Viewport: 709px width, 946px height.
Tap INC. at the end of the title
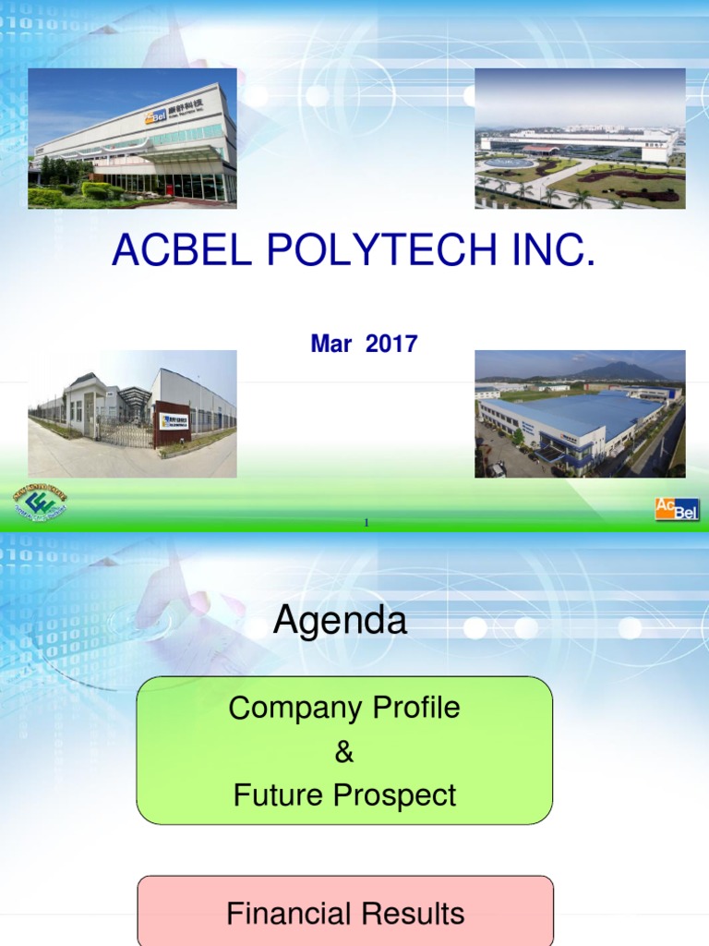550,252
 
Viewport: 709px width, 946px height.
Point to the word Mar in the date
332,345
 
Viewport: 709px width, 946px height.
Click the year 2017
391,345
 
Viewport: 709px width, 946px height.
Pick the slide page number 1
366,523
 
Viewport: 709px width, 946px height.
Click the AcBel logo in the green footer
677,509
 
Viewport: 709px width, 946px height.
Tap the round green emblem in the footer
40,503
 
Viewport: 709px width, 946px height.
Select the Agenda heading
340,622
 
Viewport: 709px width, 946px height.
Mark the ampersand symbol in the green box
344,752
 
